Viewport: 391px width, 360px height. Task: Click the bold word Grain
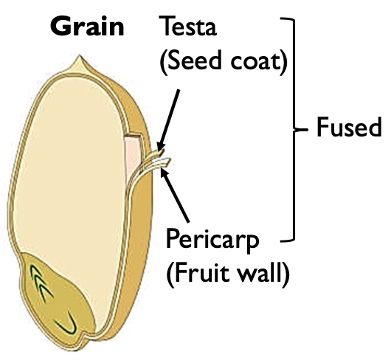[87, 27]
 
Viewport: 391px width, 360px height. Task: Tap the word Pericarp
[212, 240]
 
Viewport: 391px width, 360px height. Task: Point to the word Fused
[348, 128]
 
